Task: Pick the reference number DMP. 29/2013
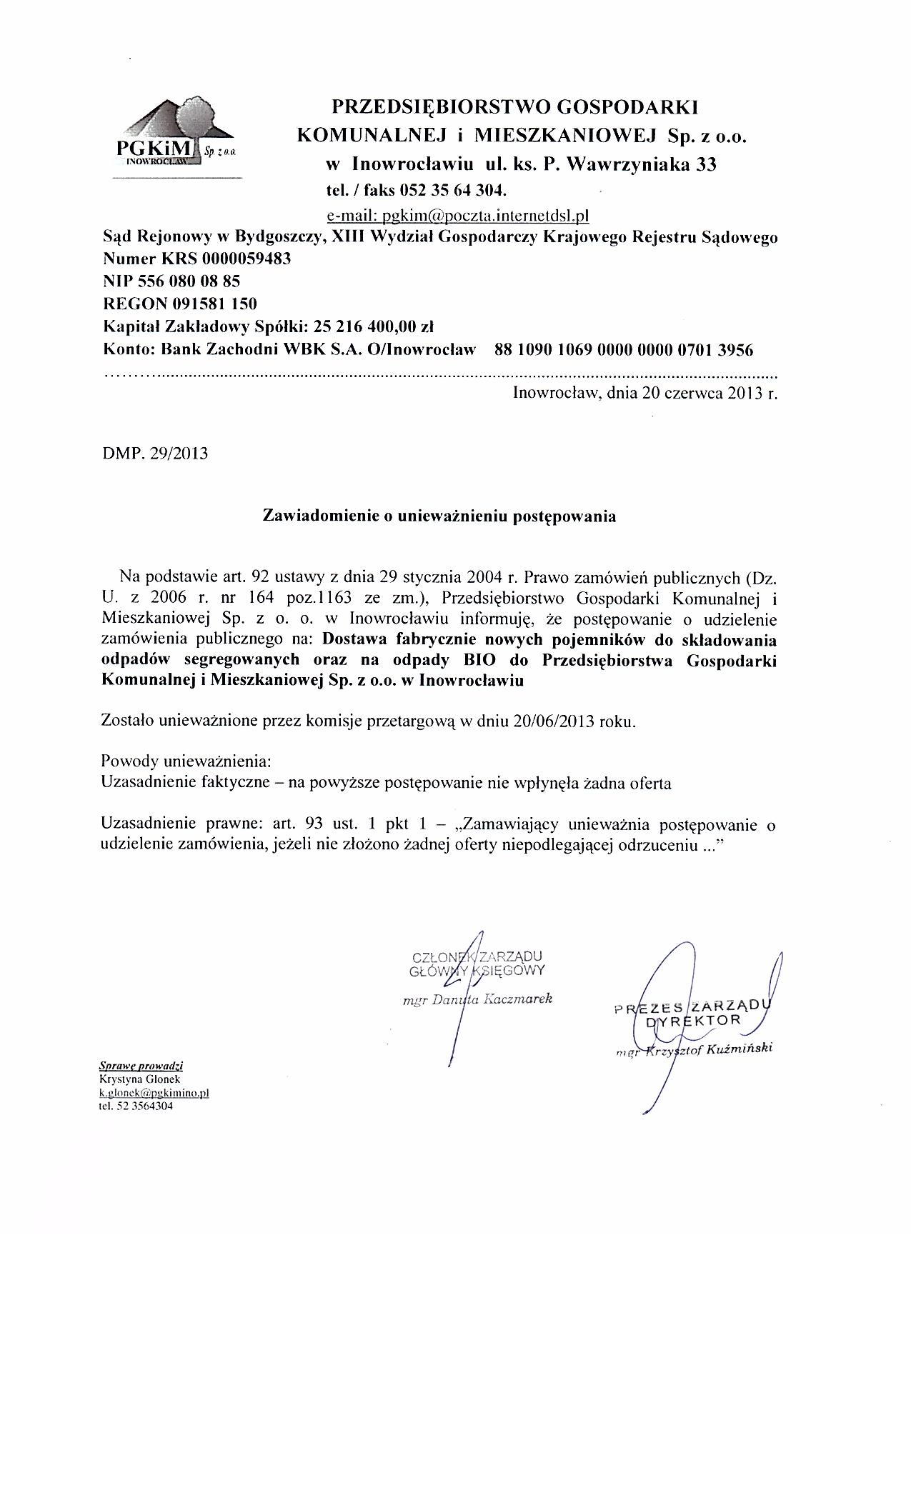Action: pyautogui.click(x=156, y=453)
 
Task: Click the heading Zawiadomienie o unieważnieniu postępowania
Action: pyautogui.click(x=440, y=516)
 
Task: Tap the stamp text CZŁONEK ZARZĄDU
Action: pyautogui.click(x=477, y=957)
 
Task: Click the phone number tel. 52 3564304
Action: pyautogui.click(x=136, y=1106)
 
